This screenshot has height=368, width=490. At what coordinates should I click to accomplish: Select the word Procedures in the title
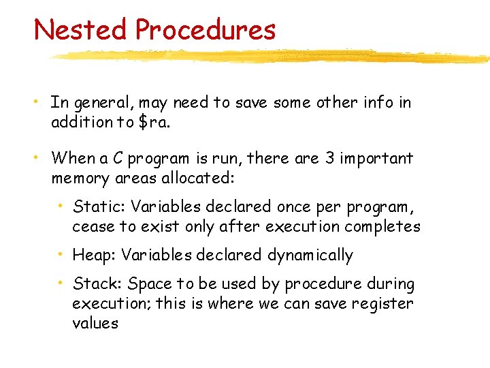[x=205, y=30]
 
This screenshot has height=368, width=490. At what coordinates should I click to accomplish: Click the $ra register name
[x=155, y=123]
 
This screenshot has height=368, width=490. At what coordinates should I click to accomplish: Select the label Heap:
[x=95, y=256]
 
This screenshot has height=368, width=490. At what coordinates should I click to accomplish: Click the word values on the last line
[x=95, y=324]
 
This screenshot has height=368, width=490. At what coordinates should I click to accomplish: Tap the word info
[x=384, y=103]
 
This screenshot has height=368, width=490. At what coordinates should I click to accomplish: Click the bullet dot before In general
[x=40, y=102]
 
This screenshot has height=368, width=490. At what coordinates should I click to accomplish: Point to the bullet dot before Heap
[x=62, y=254]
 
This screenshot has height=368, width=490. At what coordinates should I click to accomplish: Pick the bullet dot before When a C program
[x=40, y=158]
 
